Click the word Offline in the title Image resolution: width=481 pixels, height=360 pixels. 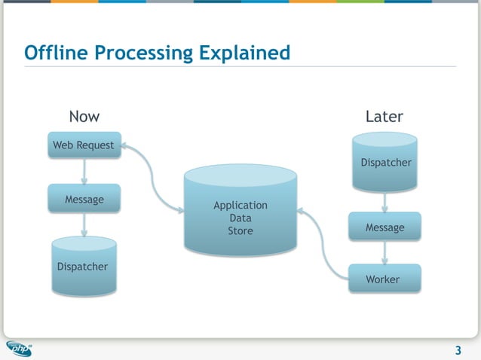[54, 53]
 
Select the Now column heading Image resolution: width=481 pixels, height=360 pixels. [84, 116]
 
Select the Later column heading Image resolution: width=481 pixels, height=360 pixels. [384, 116]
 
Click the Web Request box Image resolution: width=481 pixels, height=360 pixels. [84, 145]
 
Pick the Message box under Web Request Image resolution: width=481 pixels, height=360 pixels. [84, 200]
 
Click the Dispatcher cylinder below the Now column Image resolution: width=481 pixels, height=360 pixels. [83, 266]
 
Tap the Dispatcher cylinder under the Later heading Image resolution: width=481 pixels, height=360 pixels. [385, 162]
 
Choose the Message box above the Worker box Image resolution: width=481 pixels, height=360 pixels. [384, 227]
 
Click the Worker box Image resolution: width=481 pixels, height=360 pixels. [384, 279]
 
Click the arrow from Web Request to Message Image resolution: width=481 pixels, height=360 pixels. [84, 172]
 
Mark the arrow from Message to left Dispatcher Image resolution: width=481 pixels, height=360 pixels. [84, 224]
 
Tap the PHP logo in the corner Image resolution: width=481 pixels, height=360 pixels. [20, 348]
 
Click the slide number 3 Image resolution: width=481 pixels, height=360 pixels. [458, 350]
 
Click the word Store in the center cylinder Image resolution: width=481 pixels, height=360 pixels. [240, 230]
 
